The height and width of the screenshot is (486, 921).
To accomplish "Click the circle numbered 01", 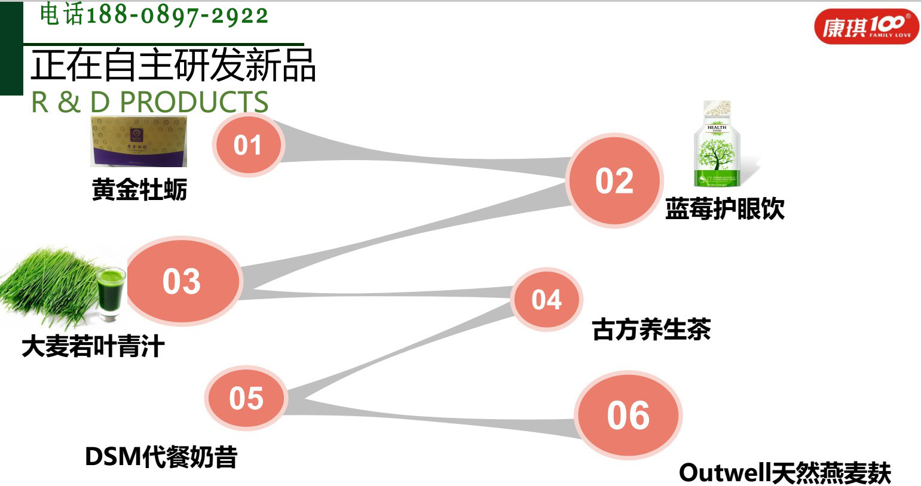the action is (247, 145).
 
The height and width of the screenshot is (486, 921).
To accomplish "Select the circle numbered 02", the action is (614, 180).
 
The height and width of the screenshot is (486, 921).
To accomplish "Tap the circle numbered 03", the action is (182, 281).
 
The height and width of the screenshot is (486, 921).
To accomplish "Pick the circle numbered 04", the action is (547, 299).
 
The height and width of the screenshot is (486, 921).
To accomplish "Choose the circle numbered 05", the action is (246, 398).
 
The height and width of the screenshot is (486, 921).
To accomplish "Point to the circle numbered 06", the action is (628, 415).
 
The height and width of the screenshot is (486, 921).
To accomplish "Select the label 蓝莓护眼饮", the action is (724, 208).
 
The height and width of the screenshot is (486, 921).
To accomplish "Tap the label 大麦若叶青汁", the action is (93, 346).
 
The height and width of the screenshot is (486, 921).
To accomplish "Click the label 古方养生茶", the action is (651, 329).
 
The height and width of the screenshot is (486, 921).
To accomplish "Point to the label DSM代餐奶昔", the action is (161, 457).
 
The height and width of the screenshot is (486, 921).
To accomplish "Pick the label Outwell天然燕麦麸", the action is (785, 473).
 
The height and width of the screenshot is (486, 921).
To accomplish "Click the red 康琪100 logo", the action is (865, 27).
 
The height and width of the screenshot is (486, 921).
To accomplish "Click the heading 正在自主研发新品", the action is (173, 65).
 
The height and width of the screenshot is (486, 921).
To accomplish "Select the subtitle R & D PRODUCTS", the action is (150, 102).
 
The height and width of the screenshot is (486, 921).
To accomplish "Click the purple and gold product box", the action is (139, 142).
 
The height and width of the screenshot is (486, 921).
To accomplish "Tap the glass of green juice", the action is (111, 293).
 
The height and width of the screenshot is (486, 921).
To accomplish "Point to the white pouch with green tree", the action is (717, 144).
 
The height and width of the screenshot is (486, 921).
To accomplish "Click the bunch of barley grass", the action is (48, 287).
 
